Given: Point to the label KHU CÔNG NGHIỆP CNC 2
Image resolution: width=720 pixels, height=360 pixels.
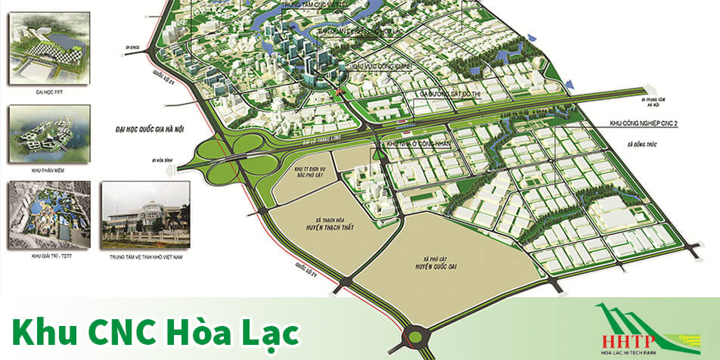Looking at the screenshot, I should pos(644,123).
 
